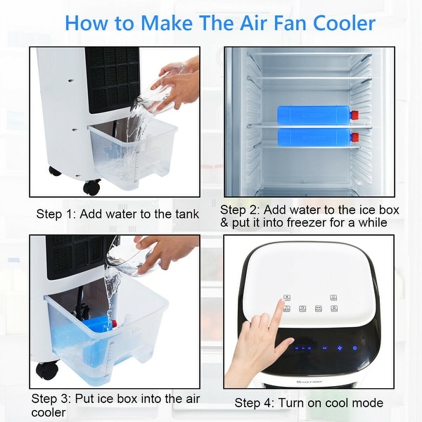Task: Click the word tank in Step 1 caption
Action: pos(185,214)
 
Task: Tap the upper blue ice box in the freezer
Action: pos(312,115)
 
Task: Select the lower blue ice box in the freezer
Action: pos(312,136)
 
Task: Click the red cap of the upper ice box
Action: pos(354,115)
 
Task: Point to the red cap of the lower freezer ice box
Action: pos(354,137)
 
